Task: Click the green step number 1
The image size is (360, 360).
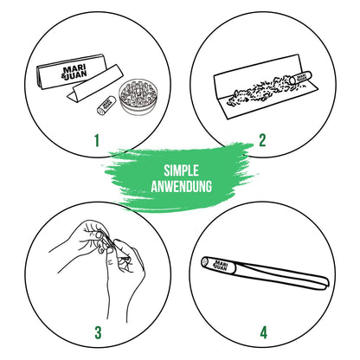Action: [x=97, y=141]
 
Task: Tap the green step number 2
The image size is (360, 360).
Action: [x=262, y=141]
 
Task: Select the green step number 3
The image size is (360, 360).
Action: [x=98, y=332]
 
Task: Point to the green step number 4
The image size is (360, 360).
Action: [x=264, y=332]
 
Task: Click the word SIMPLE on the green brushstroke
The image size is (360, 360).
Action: [x=181, y=170]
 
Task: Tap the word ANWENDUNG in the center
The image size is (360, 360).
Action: [x=182, y=186]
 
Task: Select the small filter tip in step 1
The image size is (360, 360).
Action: [x=106, y=106]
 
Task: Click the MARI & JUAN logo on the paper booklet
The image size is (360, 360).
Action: [x=75, y=73]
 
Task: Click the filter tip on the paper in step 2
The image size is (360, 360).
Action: [x=301, y=78]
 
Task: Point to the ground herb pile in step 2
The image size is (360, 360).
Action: [x=260, y=90]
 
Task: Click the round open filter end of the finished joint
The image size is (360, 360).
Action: [x=205, y=261]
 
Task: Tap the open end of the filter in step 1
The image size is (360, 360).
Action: [x=100, y=111]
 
